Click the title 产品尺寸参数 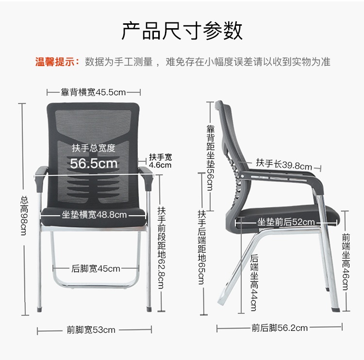(x=182, y=31)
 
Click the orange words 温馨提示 (x=57, y=62)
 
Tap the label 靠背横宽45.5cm (x=93, y=92)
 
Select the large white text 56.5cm (x=94, y=163)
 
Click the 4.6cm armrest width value (x=160, y=165)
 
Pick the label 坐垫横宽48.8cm (x=94, y=214)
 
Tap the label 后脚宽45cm (x=96, y=268)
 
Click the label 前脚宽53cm (x=91, y=330)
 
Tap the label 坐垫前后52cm (x=286, y=222)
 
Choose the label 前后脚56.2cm (x=280, y=328)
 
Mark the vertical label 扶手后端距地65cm (x=201, y=248)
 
